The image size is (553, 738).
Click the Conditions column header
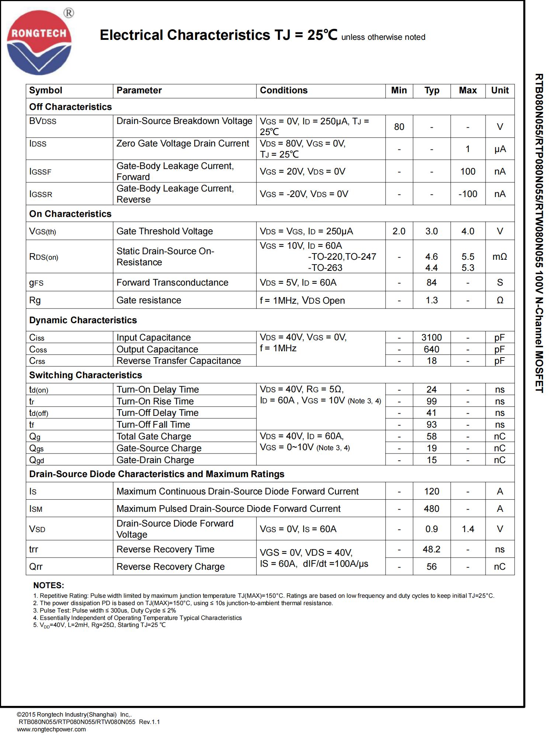(x=284, y=90)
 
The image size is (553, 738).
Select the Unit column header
(x=500, y=90)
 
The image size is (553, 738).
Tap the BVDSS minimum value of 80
(x=399, y=127)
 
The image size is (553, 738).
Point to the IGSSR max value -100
(x=467, y=194)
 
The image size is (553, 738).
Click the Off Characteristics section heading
(x=70, y=107)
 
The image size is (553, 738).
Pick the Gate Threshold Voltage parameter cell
(x=164, y=231)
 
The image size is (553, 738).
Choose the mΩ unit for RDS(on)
(x=500, y=256)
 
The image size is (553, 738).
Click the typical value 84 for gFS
(x=431, y=282)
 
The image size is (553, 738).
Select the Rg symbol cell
(x=35, y=300)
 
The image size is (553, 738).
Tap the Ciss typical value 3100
(x=431, y=337)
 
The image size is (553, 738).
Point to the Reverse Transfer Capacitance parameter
(x=178, y=361)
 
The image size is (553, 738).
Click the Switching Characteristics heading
(x=86, y=375)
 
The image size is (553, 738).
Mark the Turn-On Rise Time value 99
(x=431, y=401)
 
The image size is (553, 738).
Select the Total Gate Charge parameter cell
(x=154, y=436)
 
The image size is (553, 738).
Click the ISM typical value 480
(x=431, y=508)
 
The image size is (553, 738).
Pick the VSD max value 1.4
(x=467, y=529)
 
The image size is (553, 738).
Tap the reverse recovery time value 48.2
(x=431, y=549)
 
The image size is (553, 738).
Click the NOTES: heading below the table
(x=49, y=585)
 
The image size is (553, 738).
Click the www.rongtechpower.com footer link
(x=51, y=729)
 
